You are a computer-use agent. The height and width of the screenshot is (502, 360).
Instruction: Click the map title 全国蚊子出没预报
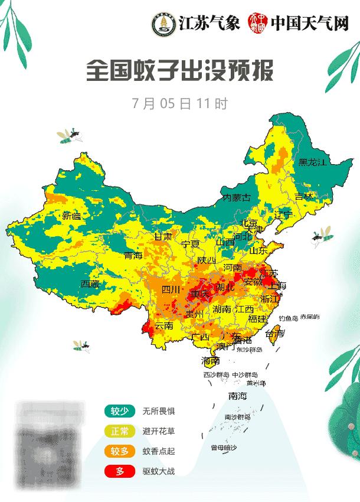[x=180, y=71]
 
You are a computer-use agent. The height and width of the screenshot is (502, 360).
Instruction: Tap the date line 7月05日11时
[x=180, y=103]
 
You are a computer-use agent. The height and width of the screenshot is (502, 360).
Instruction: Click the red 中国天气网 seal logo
[x=258, y=24]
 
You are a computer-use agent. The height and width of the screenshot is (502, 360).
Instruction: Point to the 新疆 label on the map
[x=71, y=216]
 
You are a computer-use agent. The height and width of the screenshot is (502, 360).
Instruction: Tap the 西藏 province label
[x=90, y=284]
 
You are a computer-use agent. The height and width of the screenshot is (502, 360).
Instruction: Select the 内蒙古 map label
[x=236, y=197]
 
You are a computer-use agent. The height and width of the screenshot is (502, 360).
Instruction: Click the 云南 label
[x=163, y=325]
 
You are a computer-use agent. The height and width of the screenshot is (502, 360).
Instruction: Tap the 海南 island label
[x=210, y=360]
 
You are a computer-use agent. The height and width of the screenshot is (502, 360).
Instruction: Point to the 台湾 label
[x=274, y=334]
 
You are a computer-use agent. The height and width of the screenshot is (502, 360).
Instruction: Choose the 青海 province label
[x=133, y=256]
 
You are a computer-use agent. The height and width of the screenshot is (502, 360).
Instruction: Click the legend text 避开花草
[x=158, y=431]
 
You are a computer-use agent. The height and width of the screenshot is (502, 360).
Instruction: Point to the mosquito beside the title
[x=70, y=136]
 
